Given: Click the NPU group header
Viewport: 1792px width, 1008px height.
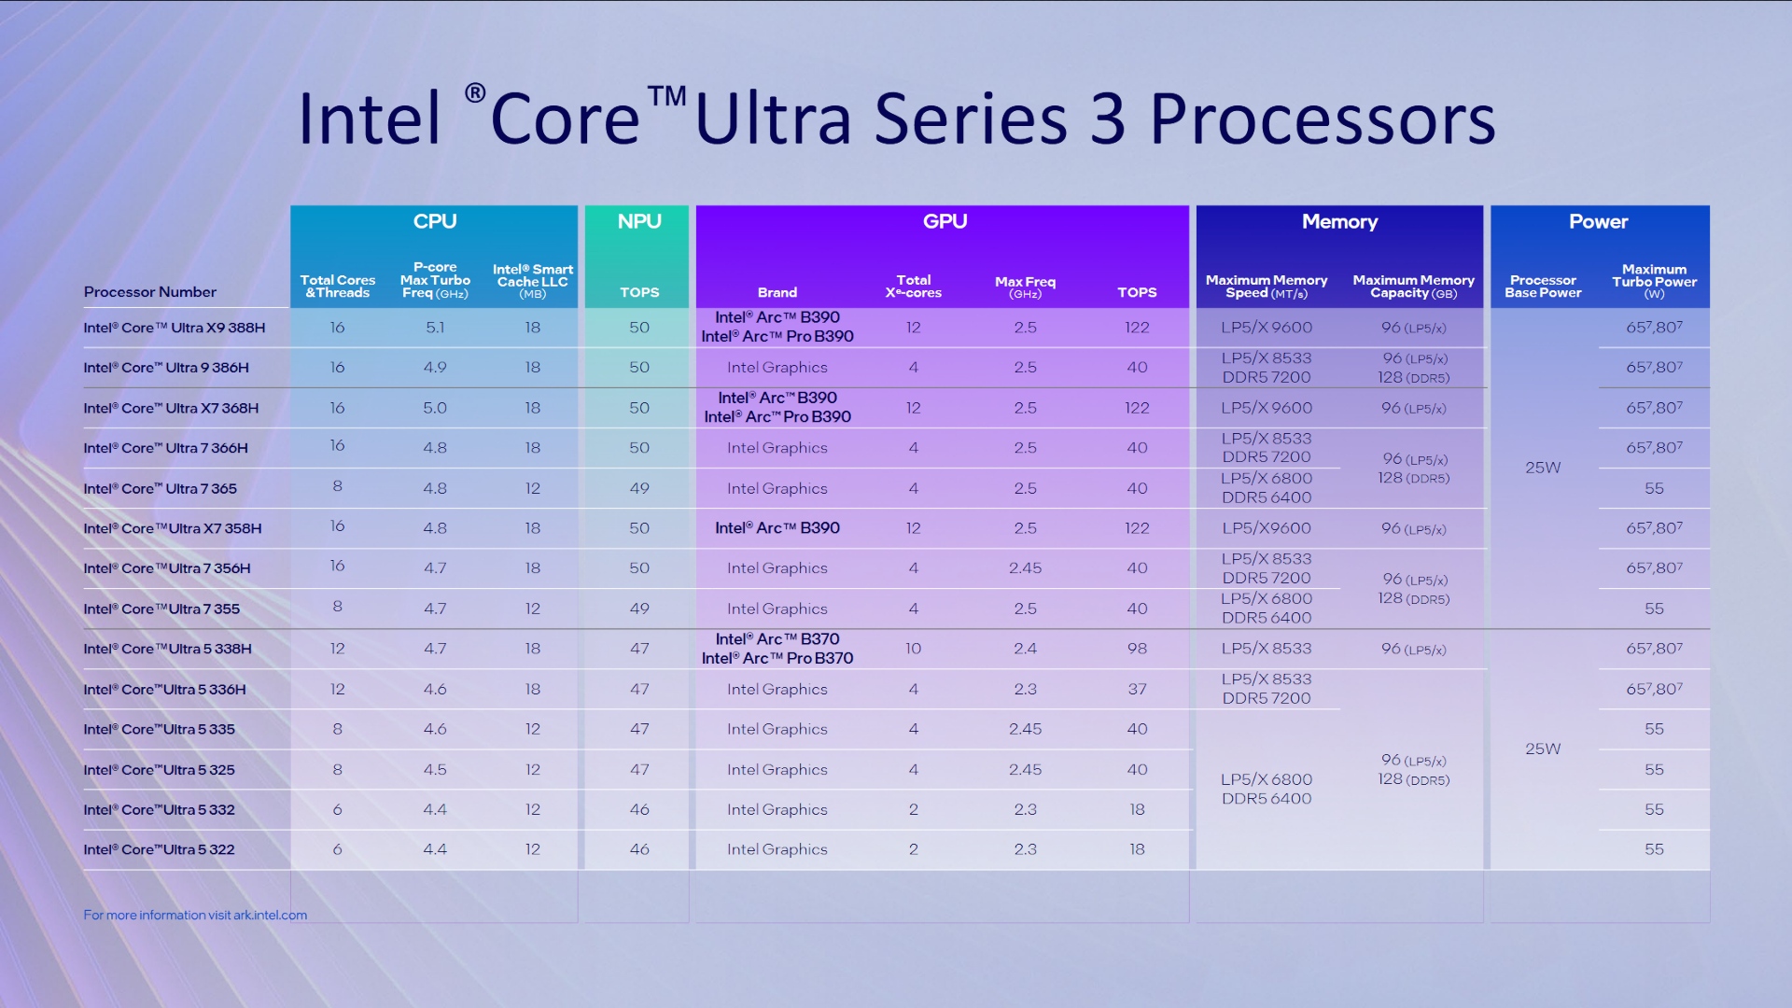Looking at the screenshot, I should pyautogui.click(x=638, y=221).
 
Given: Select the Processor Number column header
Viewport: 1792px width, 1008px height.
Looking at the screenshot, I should pyautogui.click(x=150, y=292).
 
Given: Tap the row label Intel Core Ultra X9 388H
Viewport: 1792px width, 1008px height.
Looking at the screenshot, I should pyautogui.click(x=175, y=328).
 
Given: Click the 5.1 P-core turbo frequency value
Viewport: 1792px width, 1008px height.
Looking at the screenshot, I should pyautogui.click(x=435, y=328).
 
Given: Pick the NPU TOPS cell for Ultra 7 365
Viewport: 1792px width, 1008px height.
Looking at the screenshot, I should pyautogui.click(x=638, y=488).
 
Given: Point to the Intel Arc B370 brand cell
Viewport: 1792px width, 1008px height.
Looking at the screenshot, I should pyautogui.click(x=777, y=649).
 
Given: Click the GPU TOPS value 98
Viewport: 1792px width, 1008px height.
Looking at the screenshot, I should pyautogui.click(x=1137, y=649).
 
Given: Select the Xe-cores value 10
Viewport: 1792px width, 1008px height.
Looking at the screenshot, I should pyautogui.click(x=913, y=649).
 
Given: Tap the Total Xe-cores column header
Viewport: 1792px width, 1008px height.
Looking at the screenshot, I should pyautogui.click(x=913, y=286).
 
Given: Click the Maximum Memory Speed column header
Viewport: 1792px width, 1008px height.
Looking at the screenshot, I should pyautogui.click(x=1266, y=286).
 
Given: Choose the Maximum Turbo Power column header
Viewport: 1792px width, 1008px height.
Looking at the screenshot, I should pyautogui.click(x=1654, y=281).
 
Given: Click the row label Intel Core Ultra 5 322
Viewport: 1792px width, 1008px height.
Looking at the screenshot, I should pyautogui.click(x=160, y=850).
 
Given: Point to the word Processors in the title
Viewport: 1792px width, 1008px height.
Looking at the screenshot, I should pyautogui.click(x=1322, y=119).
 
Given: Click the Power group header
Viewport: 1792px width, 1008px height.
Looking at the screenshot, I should pyautogui.click(x=1598, y=221).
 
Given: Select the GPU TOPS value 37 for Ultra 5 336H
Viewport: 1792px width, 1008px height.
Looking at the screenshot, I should pyautogui.click(x=1137, y=690).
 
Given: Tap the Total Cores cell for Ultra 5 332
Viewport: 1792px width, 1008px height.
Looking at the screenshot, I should pyautogui.click(x=337, y=810).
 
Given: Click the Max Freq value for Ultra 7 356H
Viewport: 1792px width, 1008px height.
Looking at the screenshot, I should pyautogui.click(x=1025, y=568).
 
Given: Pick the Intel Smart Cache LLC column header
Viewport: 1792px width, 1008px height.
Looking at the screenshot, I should pyautogui.click(x=532, y=281).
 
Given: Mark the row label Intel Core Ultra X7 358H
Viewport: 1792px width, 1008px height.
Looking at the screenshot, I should pyautogui.click(x=173, y=528).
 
